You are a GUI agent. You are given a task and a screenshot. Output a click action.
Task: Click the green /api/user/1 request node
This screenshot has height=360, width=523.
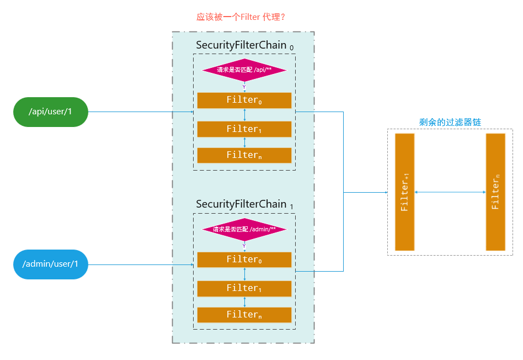pos(50,112)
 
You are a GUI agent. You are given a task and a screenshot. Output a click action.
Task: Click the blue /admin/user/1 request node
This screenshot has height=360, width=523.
pos(50,264)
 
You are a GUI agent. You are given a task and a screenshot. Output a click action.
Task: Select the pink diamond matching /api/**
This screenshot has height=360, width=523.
pos(244,70)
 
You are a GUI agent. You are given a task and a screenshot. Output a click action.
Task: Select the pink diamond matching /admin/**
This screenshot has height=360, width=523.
pos(244,229)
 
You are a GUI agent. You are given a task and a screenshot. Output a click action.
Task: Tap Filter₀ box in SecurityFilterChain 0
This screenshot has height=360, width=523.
pos(244,100)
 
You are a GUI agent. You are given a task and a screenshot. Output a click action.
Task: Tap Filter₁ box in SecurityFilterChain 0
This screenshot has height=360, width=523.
pos(244,129)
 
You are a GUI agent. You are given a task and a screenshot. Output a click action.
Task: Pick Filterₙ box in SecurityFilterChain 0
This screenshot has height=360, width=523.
pos(244,155)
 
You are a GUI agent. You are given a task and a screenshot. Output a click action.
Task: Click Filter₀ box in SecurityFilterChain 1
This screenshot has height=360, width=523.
pos(244,260)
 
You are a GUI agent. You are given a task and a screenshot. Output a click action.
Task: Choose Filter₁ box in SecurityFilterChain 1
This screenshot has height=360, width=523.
pos(244,288)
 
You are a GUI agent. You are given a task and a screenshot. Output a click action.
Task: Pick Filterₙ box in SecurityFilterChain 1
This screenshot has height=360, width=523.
pos(244,315)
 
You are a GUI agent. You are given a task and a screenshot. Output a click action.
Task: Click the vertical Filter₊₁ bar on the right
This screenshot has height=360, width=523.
pos(404,192)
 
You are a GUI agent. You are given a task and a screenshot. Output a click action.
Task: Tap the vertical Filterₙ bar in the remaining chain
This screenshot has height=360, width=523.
pos(495,192)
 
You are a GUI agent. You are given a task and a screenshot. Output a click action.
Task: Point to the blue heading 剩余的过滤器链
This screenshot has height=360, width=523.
pos(450,122)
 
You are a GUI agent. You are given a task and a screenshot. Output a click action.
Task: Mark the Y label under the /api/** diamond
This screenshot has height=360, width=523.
pos(244,87)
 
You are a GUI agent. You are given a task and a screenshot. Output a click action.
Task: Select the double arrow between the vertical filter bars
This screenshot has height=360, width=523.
pos(450,192)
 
